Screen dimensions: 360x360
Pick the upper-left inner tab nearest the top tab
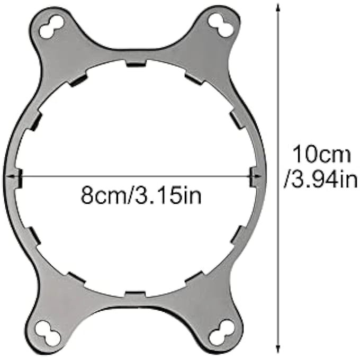(x=78, y=80)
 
